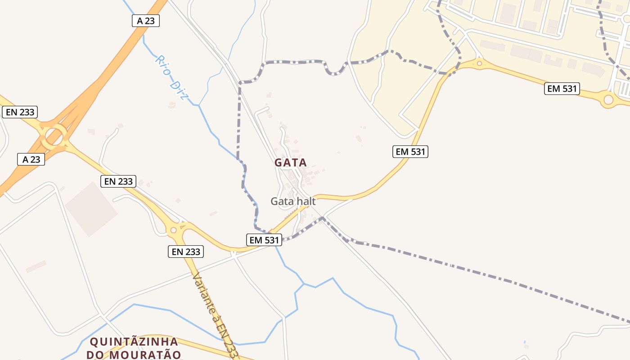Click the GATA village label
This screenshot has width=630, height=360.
(291, 162)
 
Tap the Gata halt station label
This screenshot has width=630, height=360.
(293, 201)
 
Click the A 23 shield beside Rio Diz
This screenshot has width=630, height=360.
(146, 20)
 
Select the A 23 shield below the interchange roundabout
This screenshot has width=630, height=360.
(31, 159)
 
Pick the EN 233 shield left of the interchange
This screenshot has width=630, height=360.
(20, 112)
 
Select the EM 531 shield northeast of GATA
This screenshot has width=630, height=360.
(410, 152)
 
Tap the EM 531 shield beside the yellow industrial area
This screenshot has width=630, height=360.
(562, 89)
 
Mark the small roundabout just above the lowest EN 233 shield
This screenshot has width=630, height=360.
(174, 230)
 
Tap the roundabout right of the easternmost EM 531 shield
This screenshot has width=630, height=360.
(608, 99)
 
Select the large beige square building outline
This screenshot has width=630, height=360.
(91, 208)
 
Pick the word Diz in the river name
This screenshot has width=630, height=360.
(179, 90)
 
